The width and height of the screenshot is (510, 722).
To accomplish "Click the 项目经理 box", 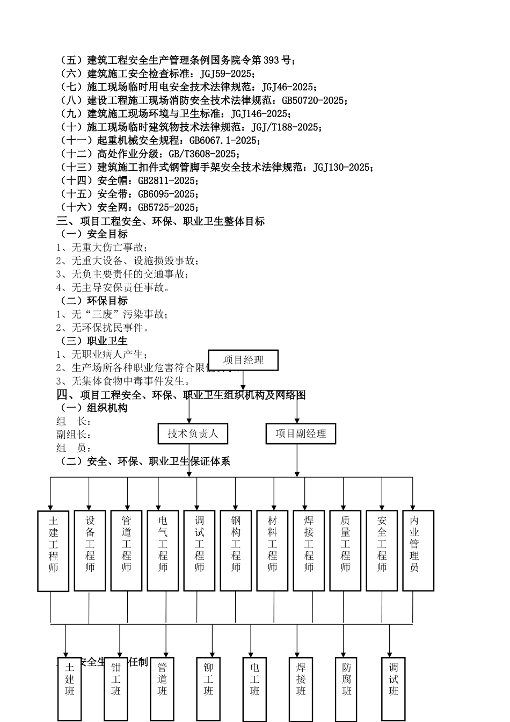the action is tap(243, 360).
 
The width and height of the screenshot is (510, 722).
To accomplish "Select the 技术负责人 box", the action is tap(193, 434).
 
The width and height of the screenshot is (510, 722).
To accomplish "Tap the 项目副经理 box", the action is tap(301, 434).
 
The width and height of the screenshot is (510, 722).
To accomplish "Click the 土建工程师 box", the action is tap(53, 551).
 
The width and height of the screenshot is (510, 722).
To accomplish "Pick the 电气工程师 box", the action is tap(163, 550).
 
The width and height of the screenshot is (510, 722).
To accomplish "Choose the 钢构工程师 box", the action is tap(236, 550).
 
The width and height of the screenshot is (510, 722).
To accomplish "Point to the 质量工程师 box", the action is tap(345, 550).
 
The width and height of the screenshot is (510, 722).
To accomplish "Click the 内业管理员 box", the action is tap(418, 550).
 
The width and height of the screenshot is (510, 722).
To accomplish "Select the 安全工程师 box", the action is tap(382, 550).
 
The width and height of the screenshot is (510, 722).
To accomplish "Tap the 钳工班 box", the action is tap(116, 689).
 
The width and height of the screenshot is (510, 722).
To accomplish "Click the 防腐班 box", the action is tap(347, 689).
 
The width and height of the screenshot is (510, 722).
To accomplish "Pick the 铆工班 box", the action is tap(208, 689).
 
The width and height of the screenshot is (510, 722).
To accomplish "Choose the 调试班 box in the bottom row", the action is tap(394, 689).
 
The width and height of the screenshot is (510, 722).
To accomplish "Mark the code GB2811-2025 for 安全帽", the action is tap(167, 180).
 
